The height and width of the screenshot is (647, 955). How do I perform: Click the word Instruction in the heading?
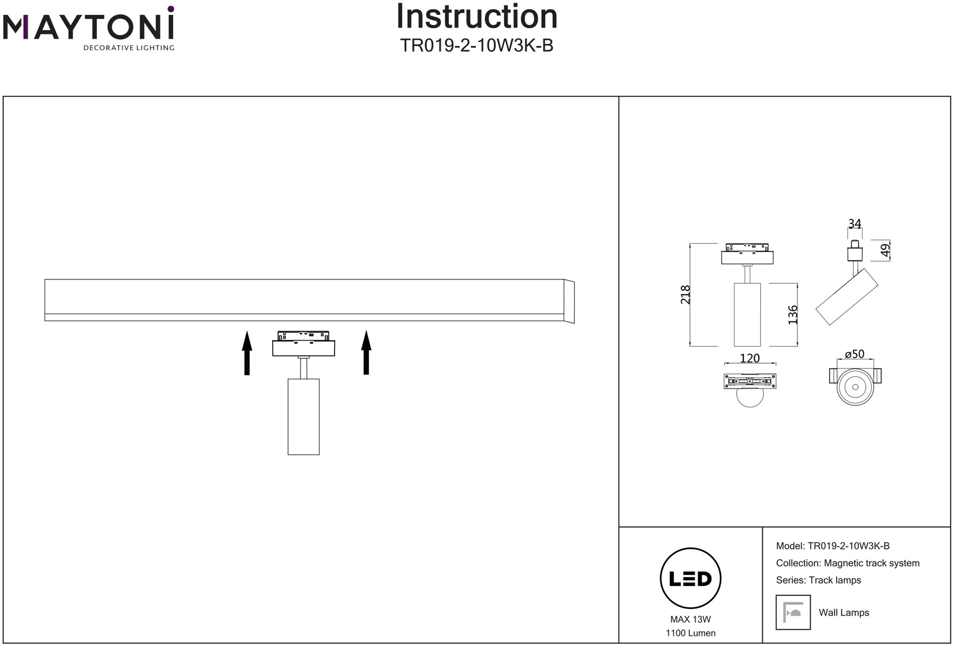pyautogui.click(x=477, y=17)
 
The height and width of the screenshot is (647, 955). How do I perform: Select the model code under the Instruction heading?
pyautogui.click(x=477, y=46)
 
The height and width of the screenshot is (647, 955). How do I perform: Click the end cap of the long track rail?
pyautogui.click(x=569, y=301)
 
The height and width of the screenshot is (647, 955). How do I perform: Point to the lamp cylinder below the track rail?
pyautogui.click(x=304, y=417)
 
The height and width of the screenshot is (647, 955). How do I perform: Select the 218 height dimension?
pyautogui.click(x=686, y=294)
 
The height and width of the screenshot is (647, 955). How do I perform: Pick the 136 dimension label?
pyautogui.click(x=793, y=315)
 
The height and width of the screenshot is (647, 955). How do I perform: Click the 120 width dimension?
pyautogui.click(x=750, y=358)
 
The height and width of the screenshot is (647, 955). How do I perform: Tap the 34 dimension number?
pyautogui.click(x=855, y=224)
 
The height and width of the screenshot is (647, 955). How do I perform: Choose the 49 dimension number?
pyautogui.click(x=885, y=250)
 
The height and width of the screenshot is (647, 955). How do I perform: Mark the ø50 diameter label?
pyautogui.click(x=855, y=355)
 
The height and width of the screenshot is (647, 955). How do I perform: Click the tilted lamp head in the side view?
pyautogui.click(x=847, y=297)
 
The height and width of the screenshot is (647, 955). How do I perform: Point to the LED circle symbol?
pyautogui.click(x=690, y=578)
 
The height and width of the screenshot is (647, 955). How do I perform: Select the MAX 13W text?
pyautogui.click(x=690, y=619)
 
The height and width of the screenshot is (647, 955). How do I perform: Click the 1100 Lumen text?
pyautogui.click(x=690, y=633)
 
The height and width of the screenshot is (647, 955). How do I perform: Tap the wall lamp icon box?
pyautogui.click(x=793, y=612)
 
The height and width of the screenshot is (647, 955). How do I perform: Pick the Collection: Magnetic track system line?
pyautogui.click(x=848, y=563)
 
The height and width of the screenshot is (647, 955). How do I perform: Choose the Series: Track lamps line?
pyautogui.click(x=818, y=580)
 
